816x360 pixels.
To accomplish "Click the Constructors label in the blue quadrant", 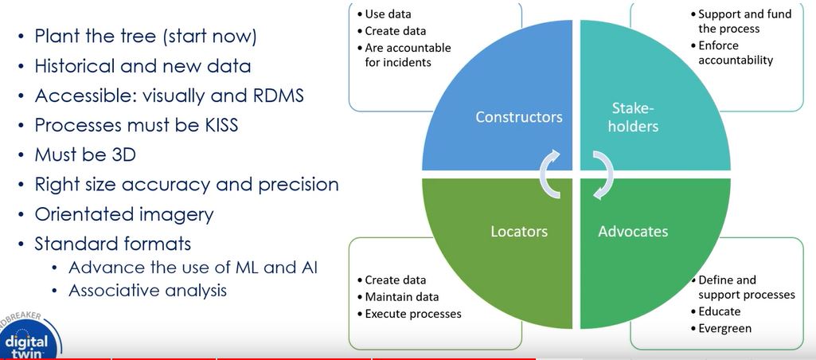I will coord(519,117).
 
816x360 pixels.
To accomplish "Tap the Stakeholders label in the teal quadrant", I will coord(635,117).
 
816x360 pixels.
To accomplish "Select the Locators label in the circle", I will coord(518,232).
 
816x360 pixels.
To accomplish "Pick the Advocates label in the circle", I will coord(633,232).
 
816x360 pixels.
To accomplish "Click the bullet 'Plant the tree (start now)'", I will coord(145,37).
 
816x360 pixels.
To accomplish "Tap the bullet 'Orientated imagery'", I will coord(123,214).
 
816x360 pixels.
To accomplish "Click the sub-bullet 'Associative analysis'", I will coord(147,290).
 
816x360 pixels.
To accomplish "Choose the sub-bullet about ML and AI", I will coord(193,267).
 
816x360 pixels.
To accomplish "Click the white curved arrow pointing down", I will coord(602,174).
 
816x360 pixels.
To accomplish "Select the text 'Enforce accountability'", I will coord(736,53).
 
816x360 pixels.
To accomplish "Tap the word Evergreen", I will coord(725,328).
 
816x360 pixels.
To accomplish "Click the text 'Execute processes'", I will coord(413,314).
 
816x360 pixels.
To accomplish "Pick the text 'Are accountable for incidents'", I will coord(408,55).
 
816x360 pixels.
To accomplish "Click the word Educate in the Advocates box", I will coord(720,311).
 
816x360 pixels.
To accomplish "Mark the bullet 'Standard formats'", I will coord(113,243).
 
